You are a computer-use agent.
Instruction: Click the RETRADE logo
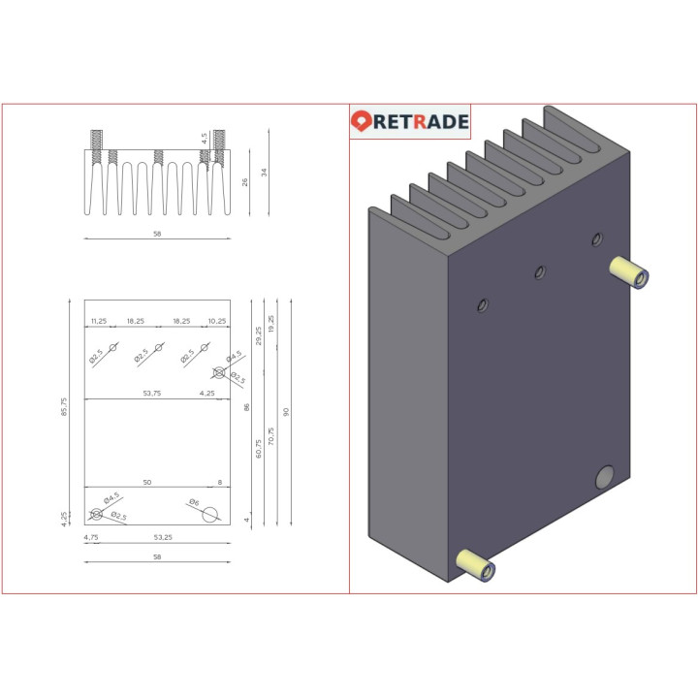[x=410, y=121]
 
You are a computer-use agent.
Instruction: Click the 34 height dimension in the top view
[x=264, y=172]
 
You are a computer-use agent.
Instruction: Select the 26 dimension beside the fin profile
[x=244, y=182]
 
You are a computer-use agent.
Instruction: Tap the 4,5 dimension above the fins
[x=205, y=139]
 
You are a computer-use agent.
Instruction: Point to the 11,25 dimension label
[x=98, y=321]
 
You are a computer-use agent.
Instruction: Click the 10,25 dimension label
[x=216, y=321]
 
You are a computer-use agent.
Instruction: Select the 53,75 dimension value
[x=151, y=394]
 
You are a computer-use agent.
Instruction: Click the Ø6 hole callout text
[x=194, y=502]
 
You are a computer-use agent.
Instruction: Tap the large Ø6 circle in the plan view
[x=210, y=515]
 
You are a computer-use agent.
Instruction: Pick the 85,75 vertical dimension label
[x=65, y=413]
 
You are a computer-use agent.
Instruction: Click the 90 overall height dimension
[x=286, y=412]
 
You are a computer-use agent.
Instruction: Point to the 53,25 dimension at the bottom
[x=162, y=537]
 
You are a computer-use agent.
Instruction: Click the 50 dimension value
[x=146, y=482]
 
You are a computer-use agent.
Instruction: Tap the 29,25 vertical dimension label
[x=259, y=335]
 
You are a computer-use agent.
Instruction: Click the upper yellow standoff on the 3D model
[x=628, y=272]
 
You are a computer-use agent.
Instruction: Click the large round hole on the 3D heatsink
[x=603, y=476]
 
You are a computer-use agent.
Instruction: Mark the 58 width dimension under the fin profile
[x=156, y=234]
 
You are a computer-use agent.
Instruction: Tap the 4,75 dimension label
[x=91, y=537]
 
